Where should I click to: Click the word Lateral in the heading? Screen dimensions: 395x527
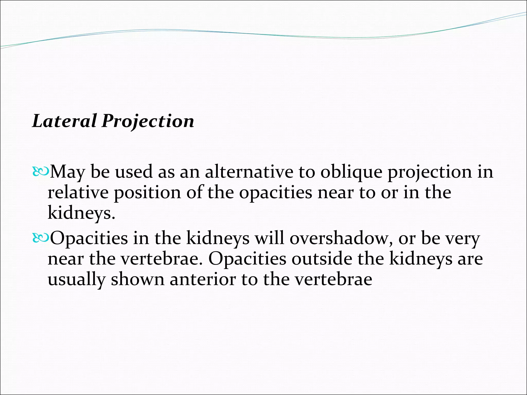[64, 121]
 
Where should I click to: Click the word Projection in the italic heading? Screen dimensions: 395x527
[148, 121]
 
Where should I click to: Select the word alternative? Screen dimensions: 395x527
[249, 172]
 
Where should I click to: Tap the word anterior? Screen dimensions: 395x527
[203, 279]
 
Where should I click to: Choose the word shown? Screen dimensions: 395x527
[137, 279]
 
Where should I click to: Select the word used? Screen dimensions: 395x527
[134, 172]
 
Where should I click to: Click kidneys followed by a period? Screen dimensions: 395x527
[81, 213]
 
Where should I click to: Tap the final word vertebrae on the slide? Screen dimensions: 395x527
[333, 279]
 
